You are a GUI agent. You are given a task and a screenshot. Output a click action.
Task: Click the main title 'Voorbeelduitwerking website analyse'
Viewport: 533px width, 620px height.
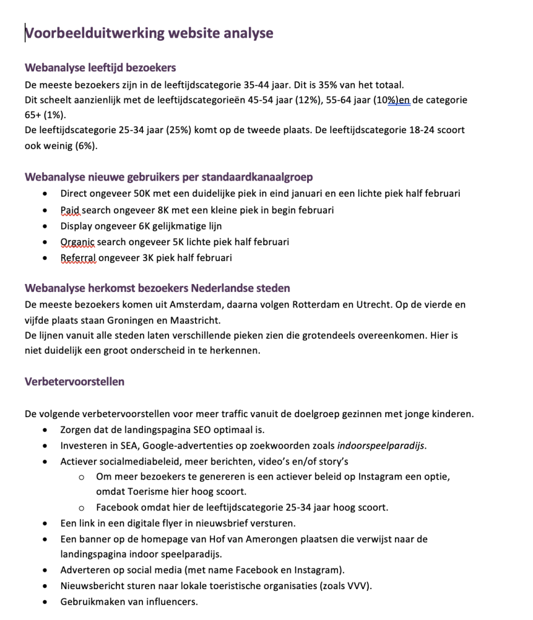[149, 33]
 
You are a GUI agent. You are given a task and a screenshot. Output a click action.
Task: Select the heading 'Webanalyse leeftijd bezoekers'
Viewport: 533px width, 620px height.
[101, 68]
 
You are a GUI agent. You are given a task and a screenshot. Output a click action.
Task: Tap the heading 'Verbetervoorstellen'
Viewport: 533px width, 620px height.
[74, 381]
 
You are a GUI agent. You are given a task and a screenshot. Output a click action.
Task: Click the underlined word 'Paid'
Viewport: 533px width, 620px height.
[70, 210]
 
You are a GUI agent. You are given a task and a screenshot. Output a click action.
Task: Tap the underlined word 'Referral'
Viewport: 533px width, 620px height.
[78, 258]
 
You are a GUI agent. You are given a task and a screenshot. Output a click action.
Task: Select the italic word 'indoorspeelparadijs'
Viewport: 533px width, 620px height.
[381, 446]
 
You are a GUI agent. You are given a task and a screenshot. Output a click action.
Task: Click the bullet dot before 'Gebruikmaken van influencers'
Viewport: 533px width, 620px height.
[47, 602]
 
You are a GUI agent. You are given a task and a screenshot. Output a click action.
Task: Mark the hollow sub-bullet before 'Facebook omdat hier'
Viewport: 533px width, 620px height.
[82, 508]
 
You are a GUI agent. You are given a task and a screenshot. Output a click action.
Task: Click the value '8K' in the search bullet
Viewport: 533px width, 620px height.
[161, 210]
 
